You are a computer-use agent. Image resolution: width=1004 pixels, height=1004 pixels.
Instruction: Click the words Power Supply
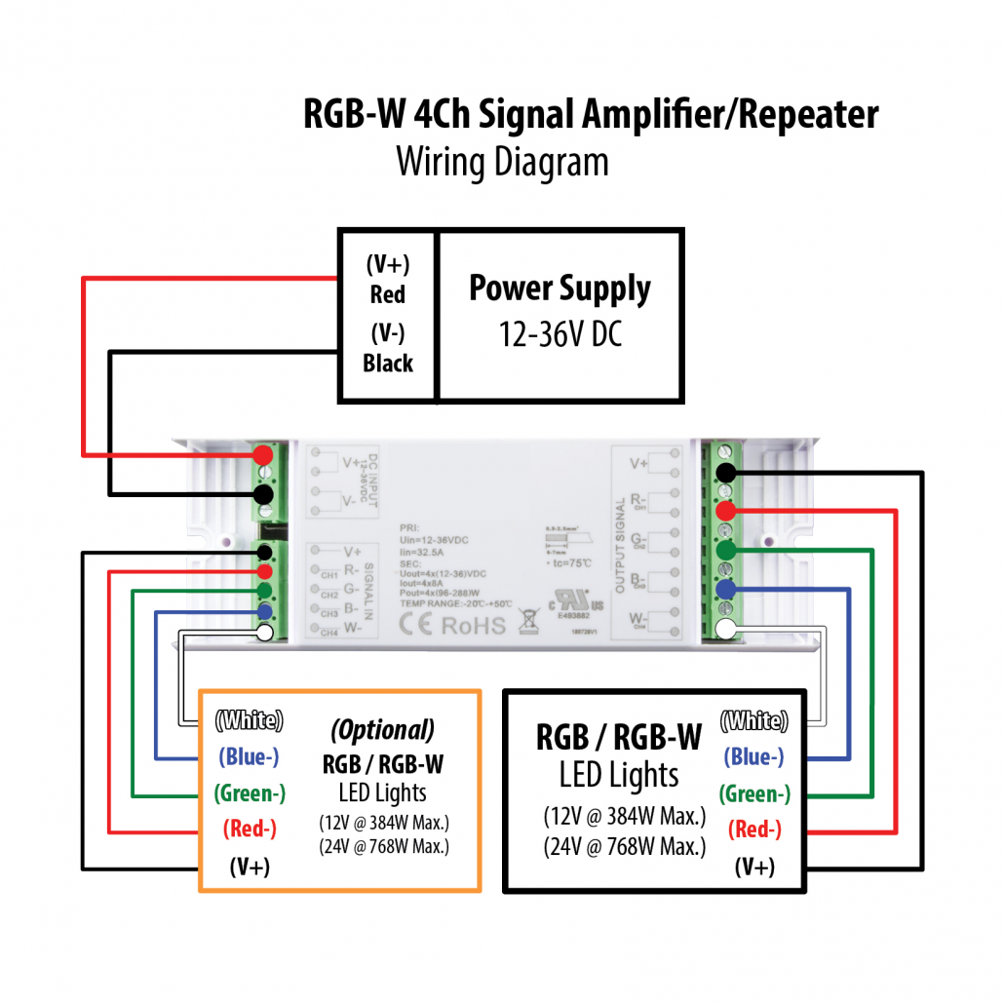pos(560,290)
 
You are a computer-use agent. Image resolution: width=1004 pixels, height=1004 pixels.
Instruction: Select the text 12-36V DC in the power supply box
pos(560,334)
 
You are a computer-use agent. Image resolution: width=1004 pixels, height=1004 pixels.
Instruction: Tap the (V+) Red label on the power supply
pos(388,280)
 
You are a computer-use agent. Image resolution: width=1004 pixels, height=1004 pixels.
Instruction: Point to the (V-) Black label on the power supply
pos(388,348)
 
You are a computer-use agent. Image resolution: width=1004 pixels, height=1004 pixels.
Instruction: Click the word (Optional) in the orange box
pos(382,730)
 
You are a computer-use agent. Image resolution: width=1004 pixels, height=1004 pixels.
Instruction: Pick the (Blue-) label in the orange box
pos(250,757)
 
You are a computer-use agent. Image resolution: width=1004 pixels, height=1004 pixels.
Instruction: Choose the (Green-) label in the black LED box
pos(754,794)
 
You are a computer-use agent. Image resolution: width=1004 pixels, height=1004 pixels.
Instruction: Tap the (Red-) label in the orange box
pos(250,830)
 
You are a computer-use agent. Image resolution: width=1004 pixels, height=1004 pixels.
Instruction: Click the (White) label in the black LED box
pos(753,722)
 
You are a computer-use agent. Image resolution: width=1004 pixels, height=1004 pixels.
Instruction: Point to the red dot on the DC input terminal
pos(262,455)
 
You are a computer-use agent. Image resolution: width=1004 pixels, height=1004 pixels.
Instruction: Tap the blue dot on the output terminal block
pos(724,589)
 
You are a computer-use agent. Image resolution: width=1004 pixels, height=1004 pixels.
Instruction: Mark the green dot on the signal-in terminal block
pos(263,591)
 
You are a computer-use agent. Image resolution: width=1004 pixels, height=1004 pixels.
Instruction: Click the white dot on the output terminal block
pos(724,630)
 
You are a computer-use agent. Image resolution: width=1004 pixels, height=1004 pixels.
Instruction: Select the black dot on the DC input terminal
pos(262,493)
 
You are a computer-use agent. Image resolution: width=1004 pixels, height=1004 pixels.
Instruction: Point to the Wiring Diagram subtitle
pos(502,162)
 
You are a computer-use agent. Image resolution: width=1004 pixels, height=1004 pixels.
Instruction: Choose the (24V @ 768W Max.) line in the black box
pos(624,847)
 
